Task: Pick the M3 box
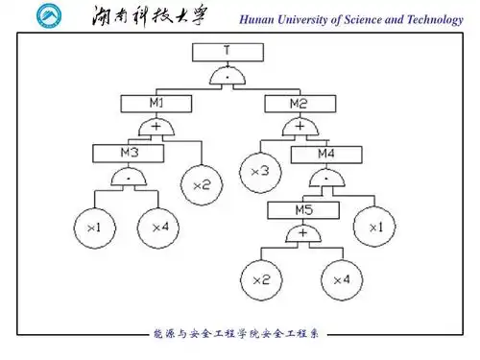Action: (x=128, y=152)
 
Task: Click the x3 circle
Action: (x=260, y=171)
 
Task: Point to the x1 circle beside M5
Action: (x=373, y=228)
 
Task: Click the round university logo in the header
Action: (x=47, y=17)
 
